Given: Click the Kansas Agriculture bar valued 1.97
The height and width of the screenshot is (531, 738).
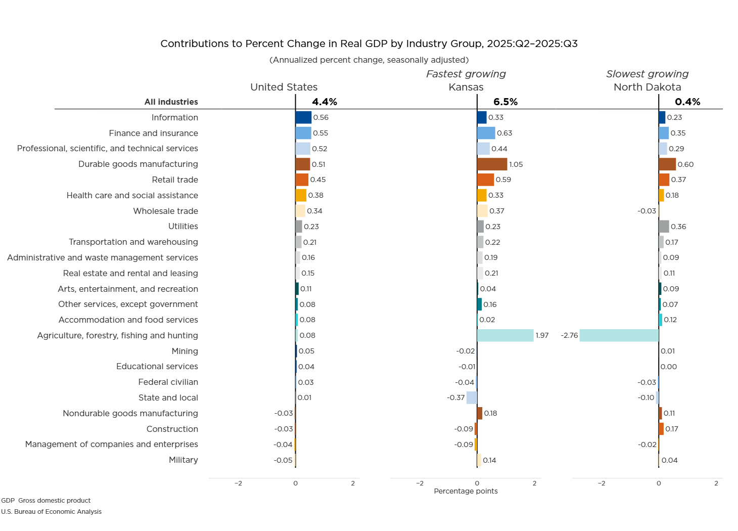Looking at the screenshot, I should (x=505, y=335).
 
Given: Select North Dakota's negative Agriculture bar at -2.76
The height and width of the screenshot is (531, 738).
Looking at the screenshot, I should (x=619, y=335).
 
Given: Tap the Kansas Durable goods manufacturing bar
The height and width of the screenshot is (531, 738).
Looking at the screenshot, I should (x=492, y=164).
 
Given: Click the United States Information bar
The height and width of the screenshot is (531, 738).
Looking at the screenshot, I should (x=303, y=117).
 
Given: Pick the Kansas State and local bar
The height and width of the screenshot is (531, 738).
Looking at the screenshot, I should (x=472, y=397).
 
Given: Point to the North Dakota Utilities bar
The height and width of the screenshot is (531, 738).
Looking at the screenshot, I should (x=664, y=227).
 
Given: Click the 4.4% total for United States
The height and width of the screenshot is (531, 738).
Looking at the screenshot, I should (x=325, y=102).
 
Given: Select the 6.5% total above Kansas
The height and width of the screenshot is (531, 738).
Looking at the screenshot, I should (x=505, y=102).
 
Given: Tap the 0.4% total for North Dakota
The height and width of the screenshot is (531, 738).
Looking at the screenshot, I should (x=687, y=102).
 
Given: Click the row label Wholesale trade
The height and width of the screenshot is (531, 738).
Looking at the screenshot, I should (x=165, y=211).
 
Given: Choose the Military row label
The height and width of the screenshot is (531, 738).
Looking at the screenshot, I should (x=183, y=460).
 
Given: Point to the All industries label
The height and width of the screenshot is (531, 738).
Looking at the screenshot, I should (x=171, y=102).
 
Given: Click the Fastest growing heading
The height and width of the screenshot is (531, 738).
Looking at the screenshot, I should (x=466, y=74).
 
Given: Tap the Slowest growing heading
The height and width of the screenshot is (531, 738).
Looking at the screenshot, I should (x=647, y=74).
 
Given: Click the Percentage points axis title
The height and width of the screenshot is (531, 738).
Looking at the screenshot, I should (x=466, y=491).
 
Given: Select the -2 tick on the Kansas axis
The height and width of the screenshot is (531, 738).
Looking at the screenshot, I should (x=420, y=483).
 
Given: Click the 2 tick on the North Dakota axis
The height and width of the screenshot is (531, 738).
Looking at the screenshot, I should (x=716, y=483).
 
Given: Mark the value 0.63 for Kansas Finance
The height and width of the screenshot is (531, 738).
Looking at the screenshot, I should (x=504, y=133).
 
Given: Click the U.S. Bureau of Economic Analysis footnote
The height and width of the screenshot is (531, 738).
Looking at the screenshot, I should (x=51, y=512).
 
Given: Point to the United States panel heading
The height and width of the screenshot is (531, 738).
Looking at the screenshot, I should (x=284, y=87).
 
